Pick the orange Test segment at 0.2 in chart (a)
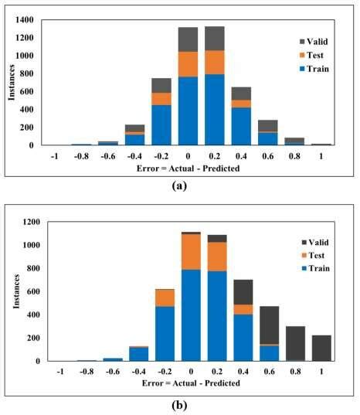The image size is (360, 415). (x=215, y=62)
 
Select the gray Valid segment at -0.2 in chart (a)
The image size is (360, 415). (x=161, y=85)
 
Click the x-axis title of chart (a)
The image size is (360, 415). (x=188, y=167)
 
